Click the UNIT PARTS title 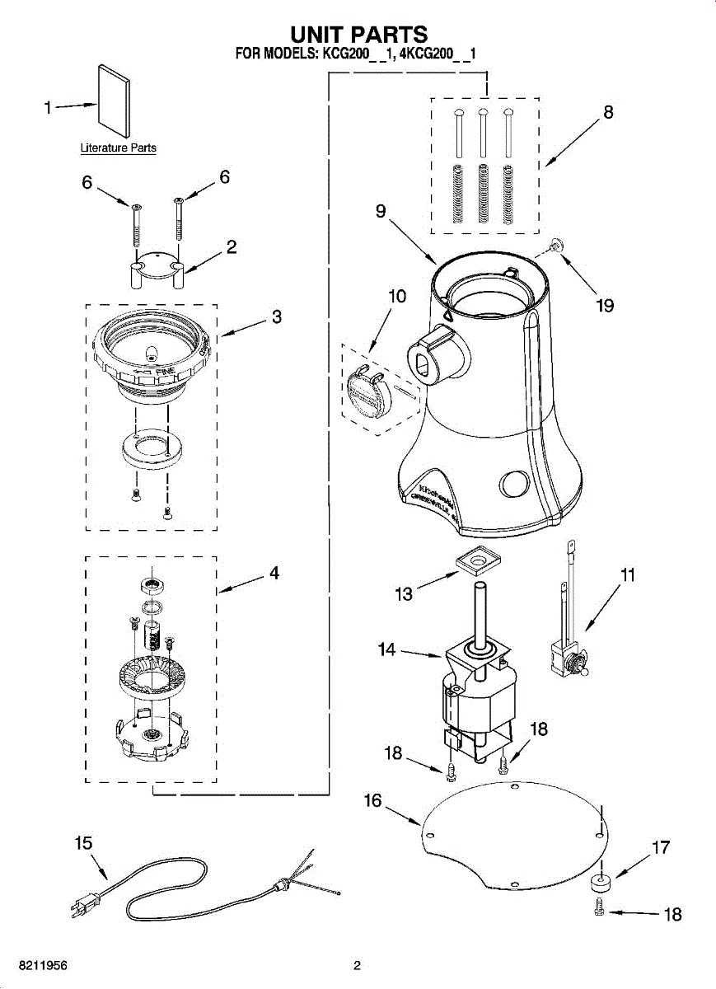(358, 35)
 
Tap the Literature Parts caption (118, 148)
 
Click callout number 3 (276, 316)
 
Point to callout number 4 (274, 572)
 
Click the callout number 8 (608, 113)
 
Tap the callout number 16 (373, 800)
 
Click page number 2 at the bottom (357, 965)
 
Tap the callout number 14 (387, 649)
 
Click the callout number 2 (232, 246)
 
